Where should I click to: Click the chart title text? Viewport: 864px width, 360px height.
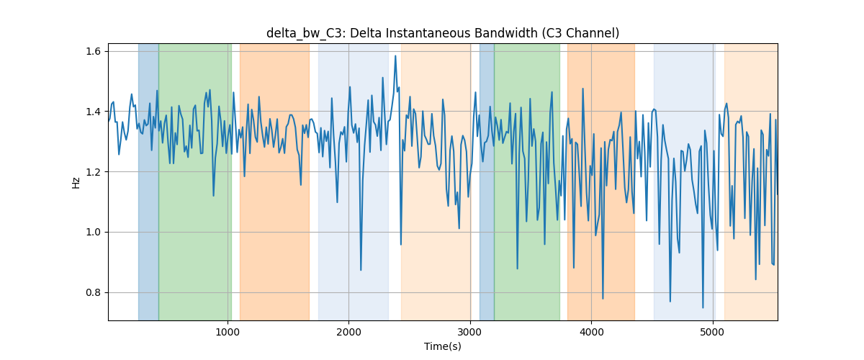(x=443, y=33)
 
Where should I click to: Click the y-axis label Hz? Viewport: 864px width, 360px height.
(x=76, y=182)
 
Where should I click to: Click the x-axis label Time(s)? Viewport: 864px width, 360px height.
(x=443, y=346)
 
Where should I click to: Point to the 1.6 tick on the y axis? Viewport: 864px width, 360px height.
(x=93, y=51)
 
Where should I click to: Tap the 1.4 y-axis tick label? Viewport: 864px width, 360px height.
(x=93, y=112)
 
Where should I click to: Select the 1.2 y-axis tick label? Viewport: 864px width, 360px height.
(x=93, y=172)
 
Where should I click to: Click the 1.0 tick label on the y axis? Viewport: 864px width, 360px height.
(x=93, y=233)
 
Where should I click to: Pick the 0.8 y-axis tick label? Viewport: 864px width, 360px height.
(x=93, y=292)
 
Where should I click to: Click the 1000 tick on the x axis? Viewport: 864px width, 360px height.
(x=228, y=332)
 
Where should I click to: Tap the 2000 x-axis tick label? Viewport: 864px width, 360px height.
(x=348, y=332)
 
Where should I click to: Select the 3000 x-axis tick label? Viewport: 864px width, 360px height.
(x=470, y=332)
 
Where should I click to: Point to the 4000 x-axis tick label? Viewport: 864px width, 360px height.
(x=591, y=332)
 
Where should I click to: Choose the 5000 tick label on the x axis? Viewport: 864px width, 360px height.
(x=712, y=332)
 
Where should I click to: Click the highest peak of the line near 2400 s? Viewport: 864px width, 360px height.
(x=395, y=56)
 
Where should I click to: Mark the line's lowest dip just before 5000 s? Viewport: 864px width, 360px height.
(x=703, y=307)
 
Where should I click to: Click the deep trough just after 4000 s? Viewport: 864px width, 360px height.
(x=603, y=299)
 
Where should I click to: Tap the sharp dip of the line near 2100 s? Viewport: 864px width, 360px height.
(x=361, y=270)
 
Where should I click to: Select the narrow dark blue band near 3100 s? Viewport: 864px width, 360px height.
(x=487, y=181)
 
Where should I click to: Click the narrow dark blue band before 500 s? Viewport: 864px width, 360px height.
(x=148, y=181)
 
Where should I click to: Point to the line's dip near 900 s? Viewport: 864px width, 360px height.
(x=213, y=196)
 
